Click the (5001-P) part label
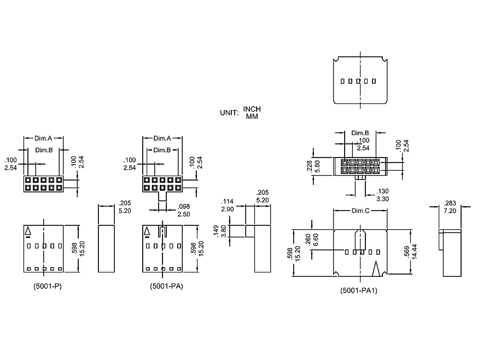(43, 286)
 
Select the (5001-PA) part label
(166, 286)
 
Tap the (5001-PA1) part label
(359, 291)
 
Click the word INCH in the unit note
(252, 109)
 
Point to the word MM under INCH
(252, 116)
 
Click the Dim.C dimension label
(360, 211)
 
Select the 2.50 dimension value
(184, 214)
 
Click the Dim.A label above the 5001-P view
(44, 139)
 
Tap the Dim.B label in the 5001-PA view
(162, 150)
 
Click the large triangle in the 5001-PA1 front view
(376, 270)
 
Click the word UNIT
(229, 113)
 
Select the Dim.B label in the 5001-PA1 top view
(360, 133)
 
